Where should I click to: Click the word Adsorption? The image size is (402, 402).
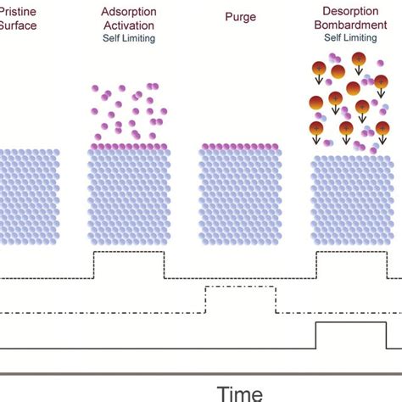click(127, 14)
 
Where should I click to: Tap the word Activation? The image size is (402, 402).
click(127, 25)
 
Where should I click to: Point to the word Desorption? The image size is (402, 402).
click(350, 14)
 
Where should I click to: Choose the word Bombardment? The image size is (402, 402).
click(350, 25)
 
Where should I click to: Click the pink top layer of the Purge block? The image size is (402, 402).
click(239, 148)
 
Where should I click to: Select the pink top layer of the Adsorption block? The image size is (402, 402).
click(127, 148)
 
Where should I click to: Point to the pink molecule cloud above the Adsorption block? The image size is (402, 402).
click(127, 110)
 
